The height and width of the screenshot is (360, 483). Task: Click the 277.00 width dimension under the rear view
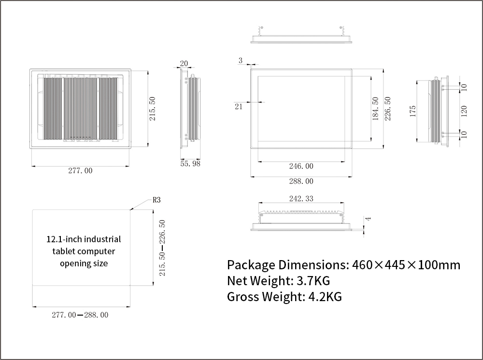point(80,171)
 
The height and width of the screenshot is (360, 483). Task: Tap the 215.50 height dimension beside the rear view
point(153,109)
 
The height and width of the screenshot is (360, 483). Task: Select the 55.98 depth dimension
point(190,164)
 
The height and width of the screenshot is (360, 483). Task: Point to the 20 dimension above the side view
point(184,63)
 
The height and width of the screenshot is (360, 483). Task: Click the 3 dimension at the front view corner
point(241,61)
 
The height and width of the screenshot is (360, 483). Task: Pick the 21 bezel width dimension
point(239,107)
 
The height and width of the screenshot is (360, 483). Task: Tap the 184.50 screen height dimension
point(375,109)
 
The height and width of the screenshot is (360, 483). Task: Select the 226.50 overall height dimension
point(388,109)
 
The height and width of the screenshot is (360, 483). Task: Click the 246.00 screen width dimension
point(301,166)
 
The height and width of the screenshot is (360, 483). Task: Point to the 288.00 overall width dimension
point(301,181)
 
